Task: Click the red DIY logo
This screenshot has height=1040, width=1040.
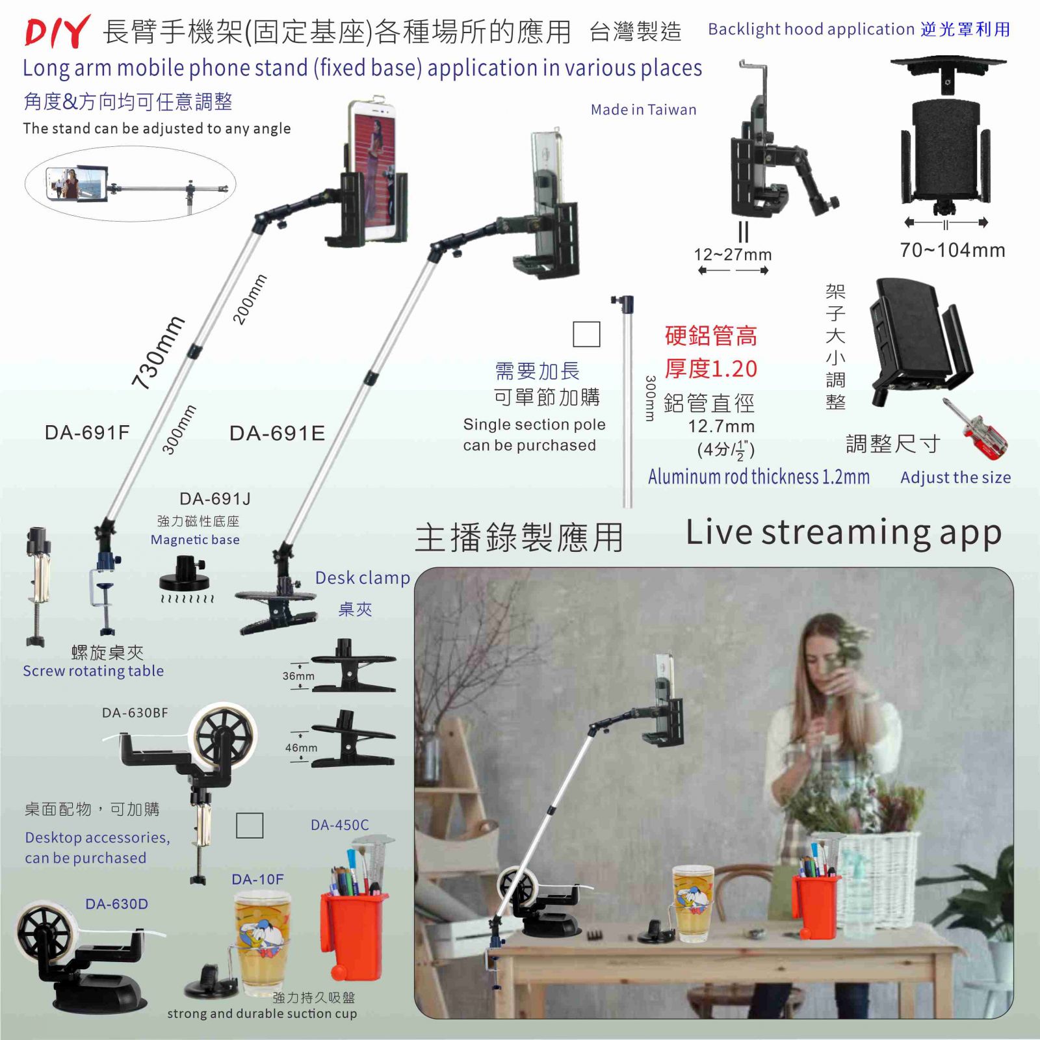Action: pyautogui.click(x=57, y=32)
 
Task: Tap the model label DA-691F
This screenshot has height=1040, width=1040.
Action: pyautogui.click(x=87, y=432)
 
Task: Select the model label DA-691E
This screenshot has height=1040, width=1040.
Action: pyautogui.click(x=277, y=433)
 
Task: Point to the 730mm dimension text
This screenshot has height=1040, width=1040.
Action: pyautogui.click(x=158, y=352)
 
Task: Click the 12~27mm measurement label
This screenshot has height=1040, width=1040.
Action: pyautogui.click(x=733, y=255)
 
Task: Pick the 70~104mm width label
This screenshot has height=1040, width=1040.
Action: pyautogui.click(x=952, y=250)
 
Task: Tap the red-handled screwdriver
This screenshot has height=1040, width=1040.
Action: pyautogui.click(x=975, y=428)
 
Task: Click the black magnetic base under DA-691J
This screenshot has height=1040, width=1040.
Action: pyautogui.click(x=185, y=573)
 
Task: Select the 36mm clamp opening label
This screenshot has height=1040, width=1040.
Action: pyautogui.click(x=298, y=676)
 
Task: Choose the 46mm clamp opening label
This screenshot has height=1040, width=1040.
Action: pyautogui.click(x=301, y=747)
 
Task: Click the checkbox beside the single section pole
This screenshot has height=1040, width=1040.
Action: pyautogui.click(x=586, y=334)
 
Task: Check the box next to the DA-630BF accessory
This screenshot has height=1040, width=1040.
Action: pyautogui.click(x=250, y=825)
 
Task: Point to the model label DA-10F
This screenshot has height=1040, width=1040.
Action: pyautogui.click(x=257, y=879)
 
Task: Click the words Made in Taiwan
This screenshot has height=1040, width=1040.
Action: pyautogui.click(x=643, y=110)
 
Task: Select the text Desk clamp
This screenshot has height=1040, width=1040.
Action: pyautogui.click(x=363, y=578)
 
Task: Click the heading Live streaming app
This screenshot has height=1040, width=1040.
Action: pyautogui.click(x=843, y=533)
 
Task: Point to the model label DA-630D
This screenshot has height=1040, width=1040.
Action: pyautogui.click(x=116, y=904)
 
